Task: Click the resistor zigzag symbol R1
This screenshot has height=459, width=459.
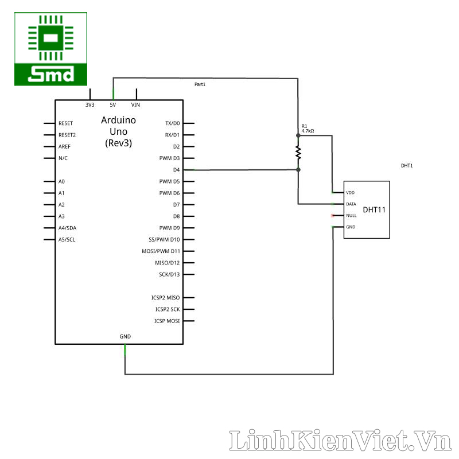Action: click(298, 152)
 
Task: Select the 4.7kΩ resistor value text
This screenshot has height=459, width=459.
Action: click(308, 131)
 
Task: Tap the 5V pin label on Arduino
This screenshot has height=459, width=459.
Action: click(113, 105)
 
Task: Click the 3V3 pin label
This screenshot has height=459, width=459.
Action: click(90, 105)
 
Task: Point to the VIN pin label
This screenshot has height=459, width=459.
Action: click(136, 105)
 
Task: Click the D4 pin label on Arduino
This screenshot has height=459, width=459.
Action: click(176, 170)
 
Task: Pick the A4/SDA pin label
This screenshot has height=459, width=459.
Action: click(68, 228)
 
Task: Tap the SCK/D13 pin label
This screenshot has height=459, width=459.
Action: click(169, 274)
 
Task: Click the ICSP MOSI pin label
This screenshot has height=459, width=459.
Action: click(166, 321)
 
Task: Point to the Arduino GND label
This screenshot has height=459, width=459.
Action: click(125, 336)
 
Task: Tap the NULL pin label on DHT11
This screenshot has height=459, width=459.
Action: click(351, 216)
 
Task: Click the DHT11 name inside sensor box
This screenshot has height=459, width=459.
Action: click(374, 210)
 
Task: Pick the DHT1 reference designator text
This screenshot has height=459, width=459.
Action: click(407, 165)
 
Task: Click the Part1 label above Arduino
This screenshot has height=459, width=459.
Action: click(200, 84)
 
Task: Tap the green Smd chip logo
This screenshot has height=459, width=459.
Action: click(51, 49)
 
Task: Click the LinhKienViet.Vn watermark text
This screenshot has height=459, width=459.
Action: click(341, 441)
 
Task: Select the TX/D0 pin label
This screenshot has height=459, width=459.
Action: click(172, 123)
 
